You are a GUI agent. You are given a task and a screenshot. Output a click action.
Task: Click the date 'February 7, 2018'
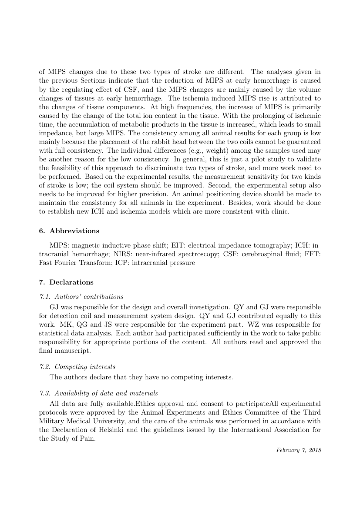coord(299,450)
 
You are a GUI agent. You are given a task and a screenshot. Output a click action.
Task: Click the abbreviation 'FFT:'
coord(312,254)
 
